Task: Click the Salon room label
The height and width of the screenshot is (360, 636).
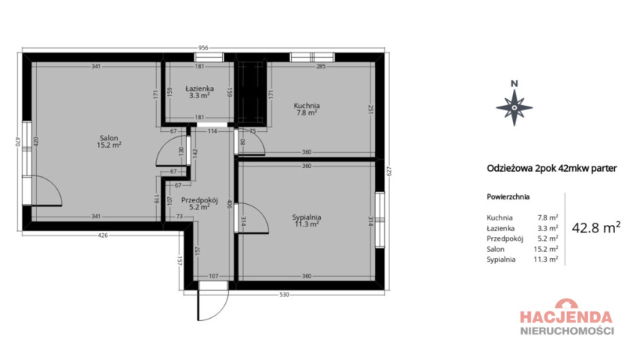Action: coord(109,138)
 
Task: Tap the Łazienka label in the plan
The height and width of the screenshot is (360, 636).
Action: coord(199,88)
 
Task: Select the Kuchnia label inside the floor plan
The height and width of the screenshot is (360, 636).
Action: coord(307,106)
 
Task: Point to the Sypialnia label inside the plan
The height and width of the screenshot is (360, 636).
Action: coord(307,217)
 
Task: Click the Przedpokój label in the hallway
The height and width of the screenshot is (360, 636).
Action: coord(199,199)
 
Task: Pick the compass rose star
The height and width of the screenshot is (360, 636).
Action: coord(514,107)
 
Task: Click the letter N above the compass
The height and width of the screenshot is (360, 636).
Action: coord(514,84)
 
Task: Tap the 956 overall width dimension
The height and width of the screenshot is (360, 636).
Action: coord(203,48)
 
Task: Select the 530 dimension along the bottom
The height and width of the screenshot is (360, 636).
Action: coord(284,295)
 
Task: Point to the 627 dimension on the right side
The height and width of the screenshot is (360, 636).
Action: coord(389,172)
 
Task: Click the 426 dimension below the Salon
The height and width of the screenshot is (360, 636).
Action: coord(103,235)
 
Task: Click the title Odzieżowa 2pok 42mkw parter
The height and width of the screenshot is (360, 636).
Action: coord(552,168)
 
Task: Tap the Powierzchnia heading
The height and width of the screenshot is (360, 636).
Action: coord(508,197)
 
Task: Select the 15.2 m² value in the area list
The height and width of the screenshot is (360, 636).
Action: coord(546,249)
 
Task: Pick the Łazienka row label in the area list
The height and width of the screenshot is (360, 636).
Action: coord(500,228)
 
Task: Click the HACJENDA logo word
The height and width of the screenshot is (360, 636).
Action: coord(566,316)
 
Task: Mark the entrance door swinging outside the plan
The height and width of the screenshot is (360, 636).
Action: coord(213,304)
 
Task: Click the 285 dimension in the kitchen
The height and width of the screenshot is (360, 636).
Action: coord(321,67)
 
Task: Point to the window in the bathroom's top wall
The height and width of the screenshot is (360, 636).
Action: coord(209,58)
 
